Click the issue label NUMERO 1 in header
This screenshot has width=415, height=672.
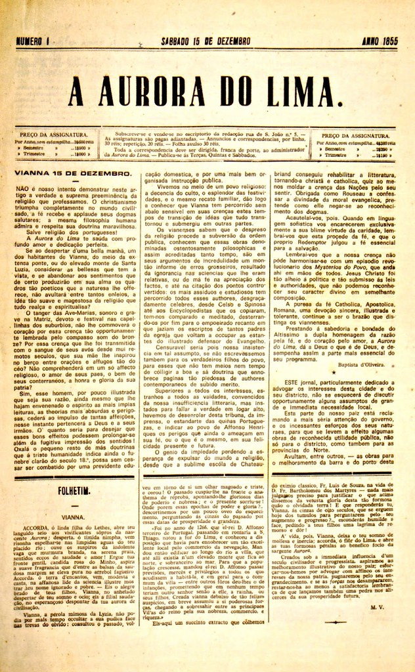32,41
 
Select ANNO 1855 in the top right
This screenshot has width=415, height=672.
381,41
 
